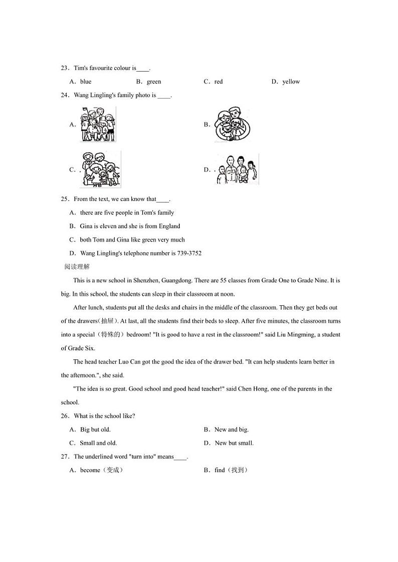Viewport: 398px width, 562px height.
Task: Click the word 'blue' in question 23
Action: [86, 82]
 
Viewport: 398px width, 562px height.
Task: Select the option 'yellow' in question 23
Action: [291, 82]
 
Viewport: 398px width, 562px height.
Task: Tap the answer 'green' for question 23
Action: [154, 82]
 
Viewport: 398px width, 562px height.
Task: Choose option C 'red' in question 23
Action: [219, 82]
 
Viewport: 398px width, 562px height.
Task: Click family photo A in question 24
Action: [98, 125]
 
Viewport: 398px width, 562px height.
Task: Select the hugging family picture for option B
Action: [232, 125]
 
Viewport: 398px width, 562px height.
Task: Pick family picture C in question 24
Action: [100, 170]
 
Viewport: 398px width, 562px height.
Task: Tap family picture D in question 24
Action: [238, 170]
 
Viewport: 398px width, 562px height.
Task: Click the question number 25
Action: [64, 199]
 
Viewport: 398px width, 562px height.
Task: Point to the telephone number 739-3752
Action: [189, 253]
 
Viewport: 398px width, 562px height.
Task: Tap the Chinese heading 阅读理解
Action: [77, 267]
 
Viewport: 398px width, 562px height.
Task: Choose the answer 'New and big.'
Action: [231, 429]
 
